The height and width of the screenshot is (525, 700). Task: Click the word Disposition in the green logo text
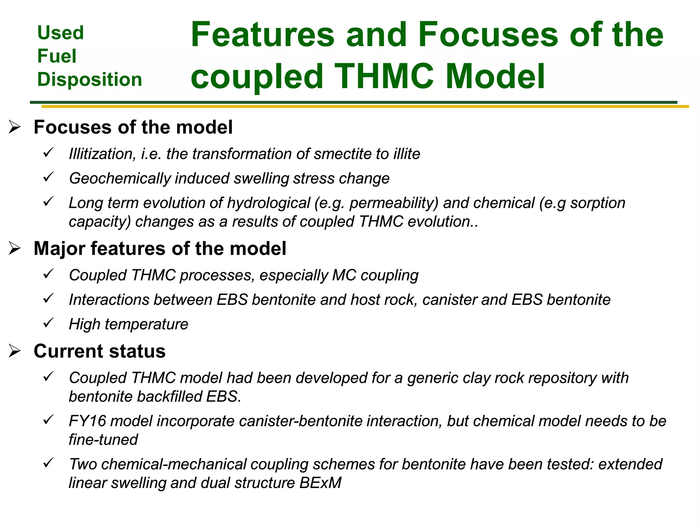click(90, 80)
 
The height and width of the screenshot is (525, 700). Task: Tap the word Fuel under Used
click(57, 56)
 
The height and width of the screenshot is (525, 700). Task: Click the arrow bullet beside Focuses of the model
click(15, 127)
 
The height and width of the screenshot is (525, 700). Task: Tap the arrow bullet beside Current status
click(15, 351)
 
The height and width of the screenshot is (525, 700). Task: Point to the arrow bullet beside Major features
click(15, 248)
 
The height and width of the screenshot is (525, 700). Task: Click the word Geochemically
click(120, 178)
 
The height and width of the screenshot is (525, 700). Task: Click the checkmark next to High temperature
click(49, 322)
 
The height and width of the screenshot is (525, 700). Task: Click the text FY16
click(87, 421)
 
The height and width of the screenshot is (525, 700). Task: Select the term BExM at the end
click(320, 483)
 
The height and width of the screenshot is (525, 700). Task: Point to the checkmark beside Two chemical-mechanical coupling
click(49, 462)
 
